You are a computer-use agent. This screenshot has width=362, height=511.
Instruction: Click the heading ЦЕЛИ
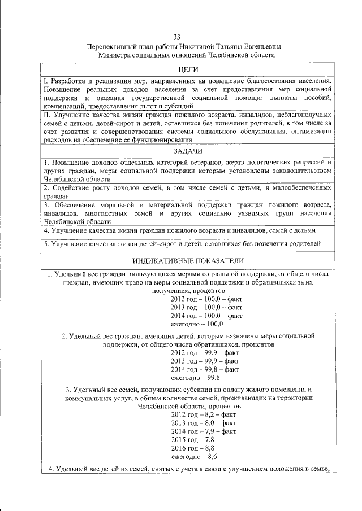point(187,69)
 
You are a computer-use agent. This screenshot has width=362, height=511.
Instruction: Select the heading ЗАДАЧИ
point(187,151)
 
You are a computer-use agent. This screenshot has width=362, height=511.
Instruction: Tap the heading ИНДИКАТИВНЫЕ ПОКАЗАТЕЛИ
point(187,261)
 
